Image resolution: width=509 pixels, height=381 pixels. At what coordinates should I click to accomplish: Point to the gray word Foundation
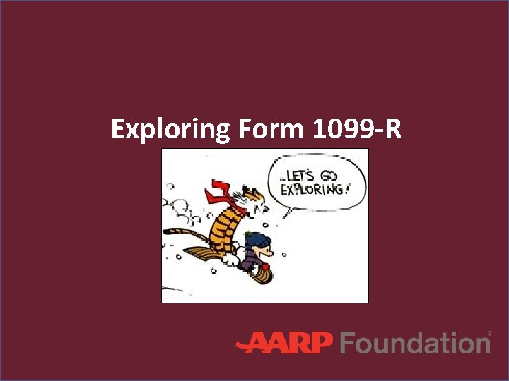[414, 343]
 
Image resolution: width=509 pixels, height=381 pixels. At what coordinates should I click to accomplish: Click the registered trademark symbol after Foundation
[489, 332]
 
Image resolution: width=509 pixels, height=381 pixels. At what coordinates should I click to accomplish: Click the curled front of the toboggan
[266, 274]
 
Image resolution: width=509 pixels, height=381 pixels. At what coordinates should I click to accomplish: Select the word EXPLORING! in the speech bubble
[312, 188]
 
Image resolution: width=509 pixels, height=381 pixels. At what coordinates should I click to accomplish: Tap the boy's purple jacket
[251, 262]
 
